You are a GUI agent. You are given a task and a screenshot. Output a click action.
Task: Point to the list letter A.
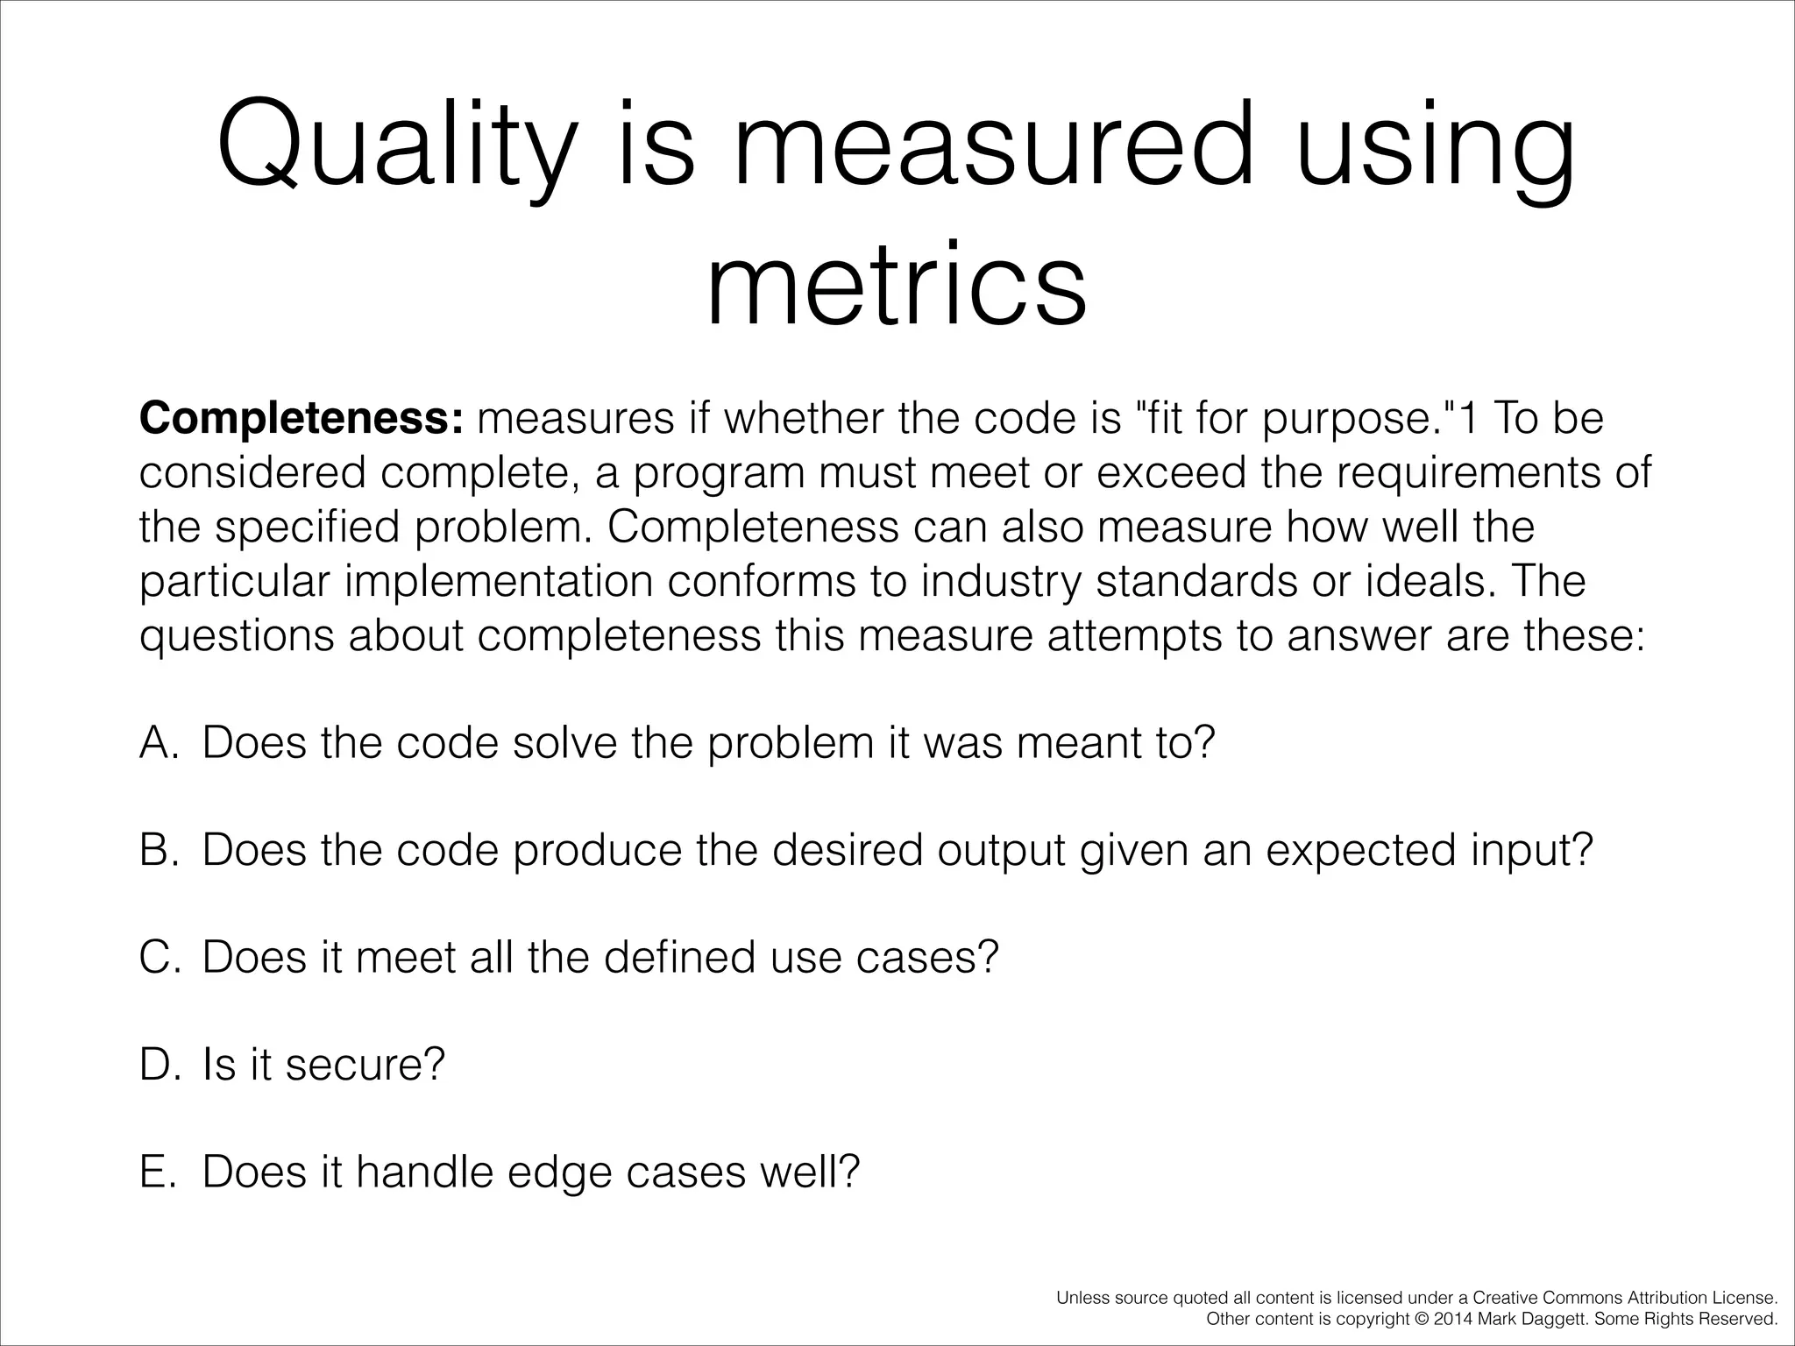(159, 743)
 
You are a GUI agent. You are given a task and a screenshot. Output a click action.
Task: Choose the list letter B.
(159, 850)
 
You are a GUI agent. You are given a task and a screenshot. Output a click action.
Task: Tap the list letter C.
(159, 957)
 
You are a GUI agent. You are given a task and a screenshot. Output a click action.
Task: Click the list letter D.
(159, 1065)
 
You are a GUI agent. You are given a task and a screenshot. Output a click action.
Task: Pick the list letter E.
(157, 1172)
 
